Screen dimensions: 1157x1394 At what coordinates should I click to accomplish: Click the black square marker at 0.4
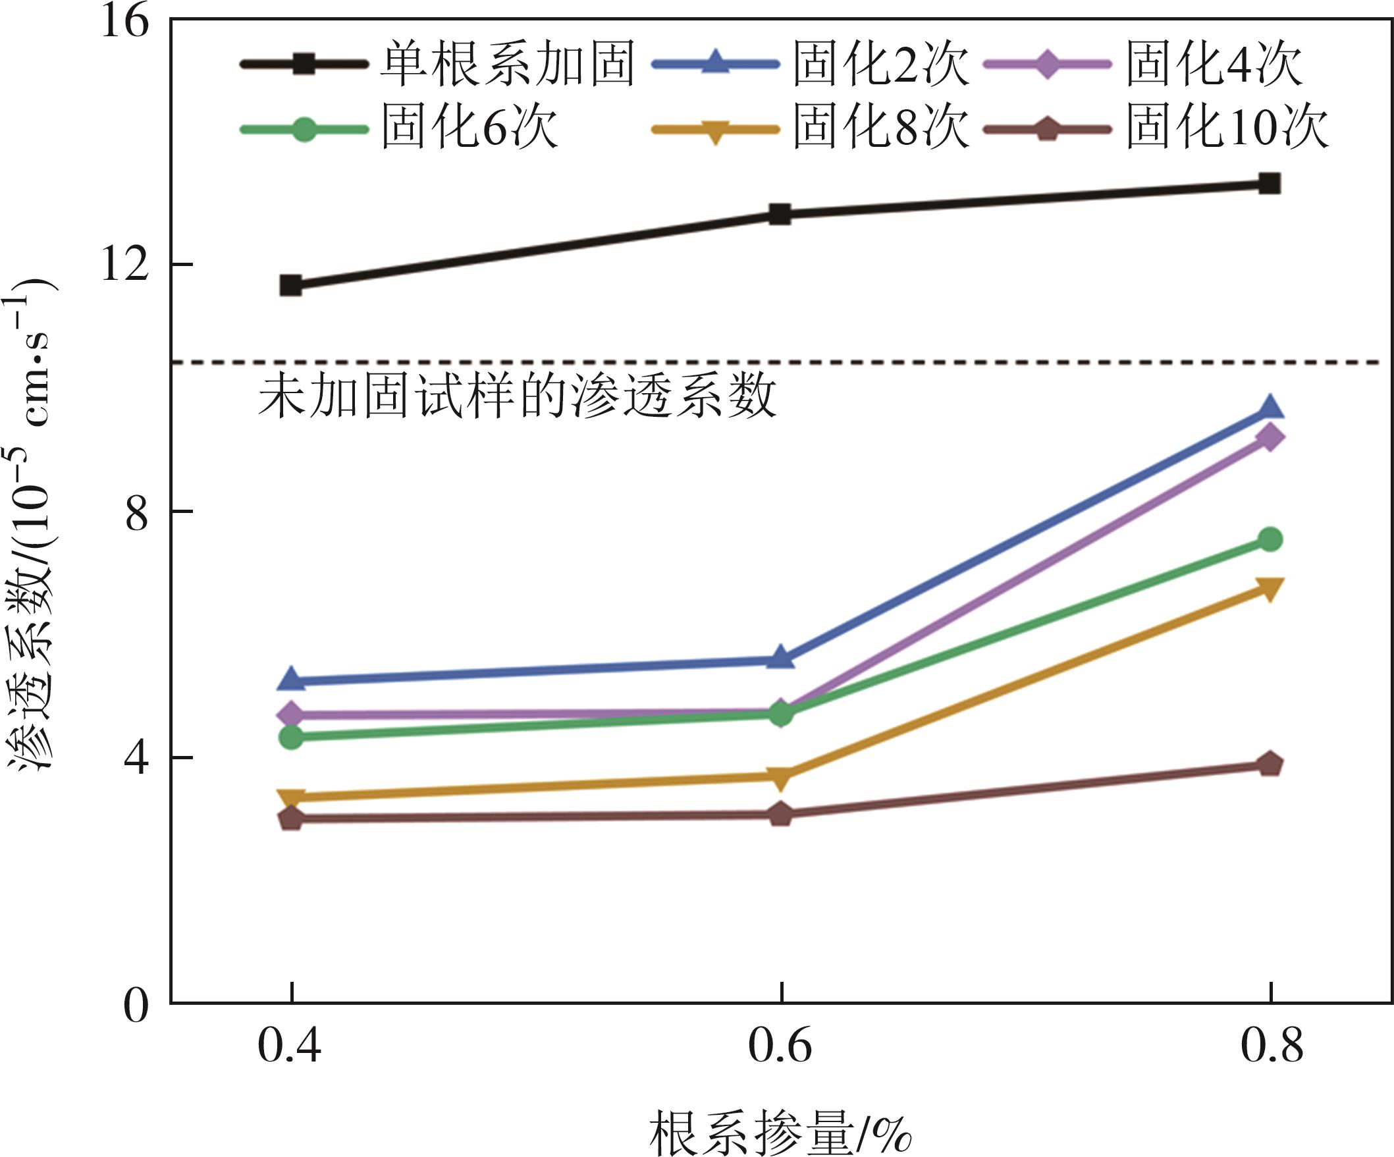[291, 285]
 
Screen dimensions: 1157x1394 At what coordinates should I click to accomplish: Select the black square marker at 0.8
[1270, 183]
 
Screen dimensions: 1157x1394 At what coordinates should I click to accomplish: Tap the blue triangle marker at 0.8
[1270, 408]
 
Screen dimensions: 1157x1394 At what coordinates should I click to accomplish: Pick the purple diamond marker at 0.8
[1270, 437]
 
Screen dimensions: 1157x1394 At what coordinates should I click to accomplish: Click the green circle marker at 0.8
[1270, 539]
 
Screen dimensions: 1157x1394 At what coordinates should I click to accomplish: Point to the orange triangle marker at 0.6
[781, 778]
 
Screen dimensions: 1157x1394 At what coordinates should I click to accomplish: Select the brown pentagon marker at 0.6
[781, 815]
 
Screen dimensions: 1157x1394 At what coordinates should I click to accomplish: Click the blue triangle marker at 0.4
[291, 678]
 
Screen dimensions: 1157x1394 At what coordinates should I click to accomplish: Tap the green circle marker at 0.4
[291, 737]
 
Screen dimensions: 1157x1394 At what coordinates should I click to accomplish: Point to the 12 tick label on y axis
[124, 265]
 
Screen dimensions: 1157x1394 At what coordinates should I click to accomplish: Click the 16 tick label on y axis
[124, 22]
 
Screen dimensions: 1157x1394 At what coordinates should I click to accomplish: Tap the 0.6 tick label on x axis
[780, 1046]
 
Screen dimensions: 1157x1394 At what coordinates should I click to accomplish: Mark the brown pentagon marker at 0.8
[1270, 764]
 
